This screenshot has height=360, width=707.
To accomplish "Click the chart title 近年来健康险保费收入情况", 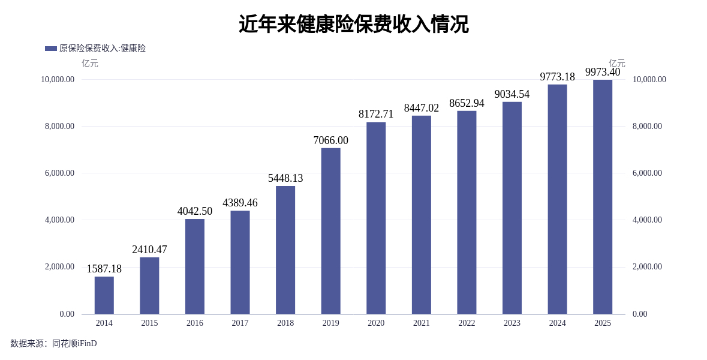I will [x=353, y=25].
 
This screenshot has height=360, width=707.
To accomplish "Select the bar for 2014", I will [x=104, y=295].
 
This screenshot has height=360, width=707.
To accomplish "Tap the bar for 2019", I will [x=330, y=231].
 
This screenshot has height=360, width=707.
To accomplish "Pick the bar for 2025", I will [x=603, y=197].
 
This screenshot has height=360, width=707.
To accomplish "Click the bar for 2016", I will [x=195, y=266].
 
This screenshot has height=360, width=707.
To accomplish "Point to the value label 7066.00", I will [x=330, y=140].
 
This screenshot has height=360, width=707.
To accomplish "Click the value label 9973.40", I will [x=603, y=72].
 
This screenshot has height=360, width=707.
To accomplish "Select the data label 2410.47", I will [x=149, y=250].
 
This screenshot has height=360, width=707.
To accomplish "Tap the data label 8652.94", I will [x=467, y=103].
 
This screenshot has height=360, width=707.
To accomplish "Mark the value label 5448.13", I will [x=285, y=178].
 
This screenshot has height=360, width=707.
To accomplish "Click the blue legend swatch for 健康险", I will [x=51, y=49].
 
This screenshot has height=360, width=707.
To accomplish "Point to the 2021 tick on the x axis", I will [x=422, y=323].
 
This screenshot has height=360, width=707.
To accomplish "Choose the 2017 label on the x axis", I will [x=240, y=323].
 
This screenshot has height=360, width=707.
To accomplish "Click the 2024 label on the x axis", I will [x=557, y=323].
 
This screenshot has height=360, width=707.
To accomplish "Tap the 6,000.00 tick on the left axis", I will [x=59, y=173].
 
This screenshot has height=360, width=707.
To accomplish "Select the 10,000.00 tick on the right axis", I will [x=649, y=79].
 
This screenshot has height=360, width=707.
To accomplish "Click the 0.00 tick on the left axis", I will [x=67, y=314].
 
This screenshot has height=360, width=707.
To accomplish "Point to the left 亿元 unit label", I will [x=90, y=63].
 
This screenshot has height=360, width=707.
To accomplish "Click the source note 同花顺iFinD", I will [x=74, y=344].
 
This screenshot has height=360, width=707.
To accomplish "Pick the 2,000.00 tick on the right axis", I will [x=647, y=266].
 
